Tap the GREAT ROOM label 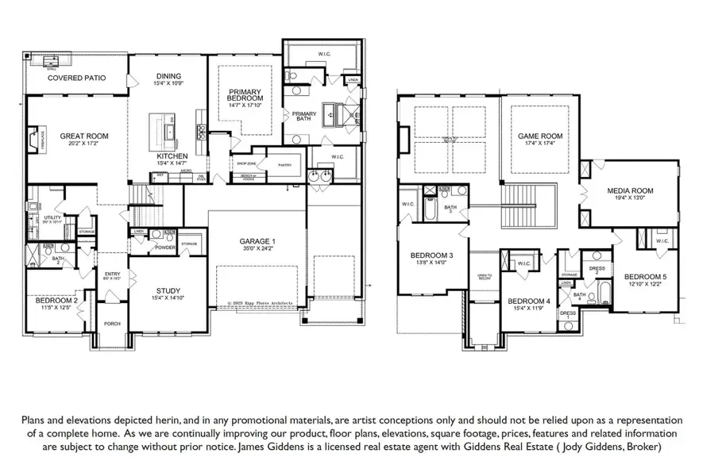click(x=83, y=136)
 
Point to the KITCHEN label click(x=172, y=156)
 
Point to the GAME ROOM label click(x=539, y=136)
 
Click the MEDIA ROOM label click(x=629, y=190)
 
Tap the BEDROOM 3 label click(x=431, y=255)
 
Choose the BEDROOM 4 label click(x=528, y=301)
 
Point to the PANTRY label click(x=284, y=165)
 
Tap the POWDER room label click(x=165, y=248)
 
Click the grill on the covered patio click(x=52, y=61)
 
